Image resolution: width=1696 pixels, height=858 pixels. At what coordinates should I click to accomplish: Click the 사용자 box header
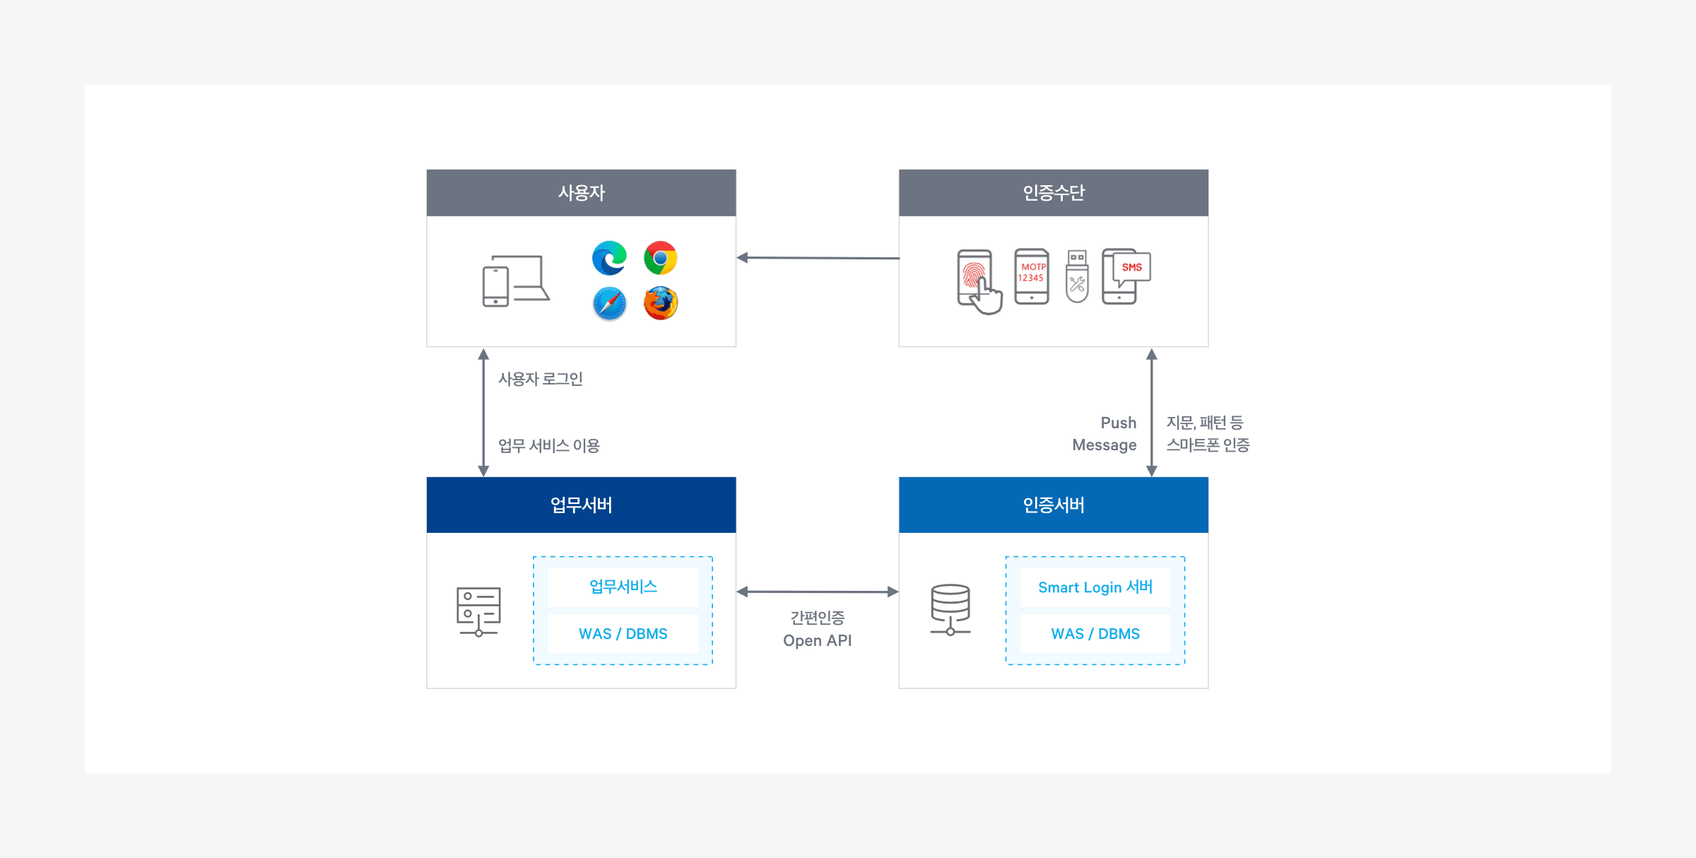[x=581, y=193]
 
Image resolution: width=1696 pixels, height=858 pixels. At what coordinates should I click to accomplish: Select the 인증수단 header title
[x=1053, y=193]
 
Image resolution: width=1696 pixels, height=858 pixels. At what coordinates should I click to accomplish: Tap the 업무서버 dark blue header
[x=581, y=505]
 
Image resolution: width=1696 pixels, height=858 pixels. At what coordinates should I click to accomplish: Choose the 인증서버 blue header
[x=1053, y=505]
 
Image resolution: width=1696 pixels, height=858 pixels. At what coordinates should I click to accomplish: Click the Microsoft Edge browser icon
[x=609, y=258]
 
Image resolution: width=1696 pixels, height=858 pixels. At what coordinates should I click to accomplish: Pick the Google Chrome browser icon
[x=661, y=258]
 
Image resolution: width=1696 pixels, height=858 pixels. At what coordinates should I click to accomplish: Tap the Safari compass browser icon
[x=609, y=304]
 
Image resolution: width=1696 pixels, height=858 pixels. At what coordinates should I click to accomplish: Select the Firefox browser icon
[x=661, y=303]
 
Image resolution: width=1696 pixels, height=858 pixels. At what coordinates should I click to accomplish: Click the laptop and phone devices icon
[x=515, y=281]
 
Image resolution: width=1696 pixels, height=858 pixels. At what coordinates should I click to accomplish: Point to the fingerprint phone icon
[x=978, y=281]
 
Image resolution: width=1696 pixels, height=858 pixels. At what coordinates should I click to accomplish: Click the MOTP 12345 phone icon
[x=1032, y=276]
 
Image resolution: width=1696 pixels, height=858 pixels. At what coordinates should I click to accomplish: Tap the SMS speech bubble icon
[x=1131, y=268]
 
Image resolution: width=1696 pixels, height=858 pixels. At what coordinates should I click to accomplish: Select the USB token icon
[x=1077, y=276]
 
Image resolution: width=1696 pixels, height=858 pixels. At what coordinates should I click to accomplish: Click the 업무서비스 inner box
[x=623, y=587]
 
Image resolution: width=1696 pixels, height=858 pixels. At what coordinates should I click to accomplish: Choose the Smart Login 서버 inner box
[x=1095, y=587]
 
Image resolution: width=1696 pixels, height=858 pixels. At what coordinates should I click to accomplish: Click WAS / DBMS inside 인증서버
[x=1095, y=634]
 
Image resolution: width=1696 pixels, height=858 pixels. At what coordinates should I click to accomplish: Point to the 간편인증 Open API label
[x=817, y=629]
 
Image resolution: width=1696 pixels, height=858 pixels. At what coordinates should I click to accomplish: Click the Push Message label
[x=1105, y=434]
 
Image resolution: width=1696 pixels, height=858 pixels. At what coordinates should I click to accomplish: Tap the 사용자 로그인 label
[x=541, y=380]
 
